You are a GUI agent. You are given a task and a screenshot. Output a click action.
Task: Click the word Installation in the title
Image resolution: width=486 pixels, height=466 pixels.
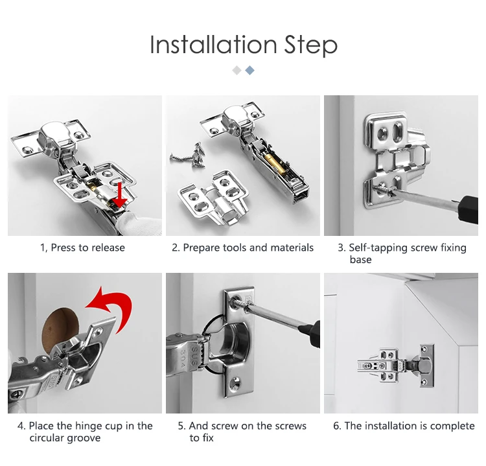[213, 45]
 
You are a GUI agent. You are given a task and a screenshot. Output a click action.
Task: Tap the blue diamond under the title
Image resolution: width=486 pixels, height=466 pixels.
[250, 71]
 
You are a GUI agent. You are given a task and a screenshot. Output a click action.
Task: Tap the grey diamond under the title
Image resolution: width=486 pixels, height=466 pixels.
[237, 71]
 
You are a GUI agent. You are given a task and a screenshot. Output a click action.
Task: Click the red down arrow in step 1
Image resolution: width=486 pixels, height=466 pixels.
[119, 195]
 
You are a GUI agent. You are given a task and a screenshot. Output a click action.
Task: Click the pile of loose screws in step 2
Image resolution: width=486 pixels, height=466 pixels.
[190, 156]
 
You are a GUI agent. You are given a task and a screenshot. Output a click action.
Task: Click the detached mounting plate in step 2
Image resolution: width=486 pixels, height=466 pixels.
[213, 196]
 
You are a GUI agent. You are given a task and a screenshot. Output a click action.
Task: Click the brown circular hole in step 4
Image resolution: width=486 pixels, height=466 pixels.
[59, 329]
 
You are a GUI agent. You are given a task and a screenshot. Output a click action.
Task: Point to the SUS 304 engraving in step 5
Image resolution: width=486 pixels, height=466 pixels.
[189, 357]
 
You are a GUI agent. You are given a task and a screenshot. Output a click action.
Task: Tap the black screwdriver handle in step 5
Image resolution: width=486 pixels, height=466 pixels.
[314, 334]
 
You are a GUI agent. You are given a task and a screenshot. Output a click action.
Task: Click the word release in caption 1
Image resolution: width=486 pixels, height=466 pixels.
[108, 248]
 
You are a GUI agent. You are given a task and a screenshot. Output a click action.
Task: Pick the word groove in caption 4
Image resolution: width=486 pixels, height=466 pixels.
[87, 438]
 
